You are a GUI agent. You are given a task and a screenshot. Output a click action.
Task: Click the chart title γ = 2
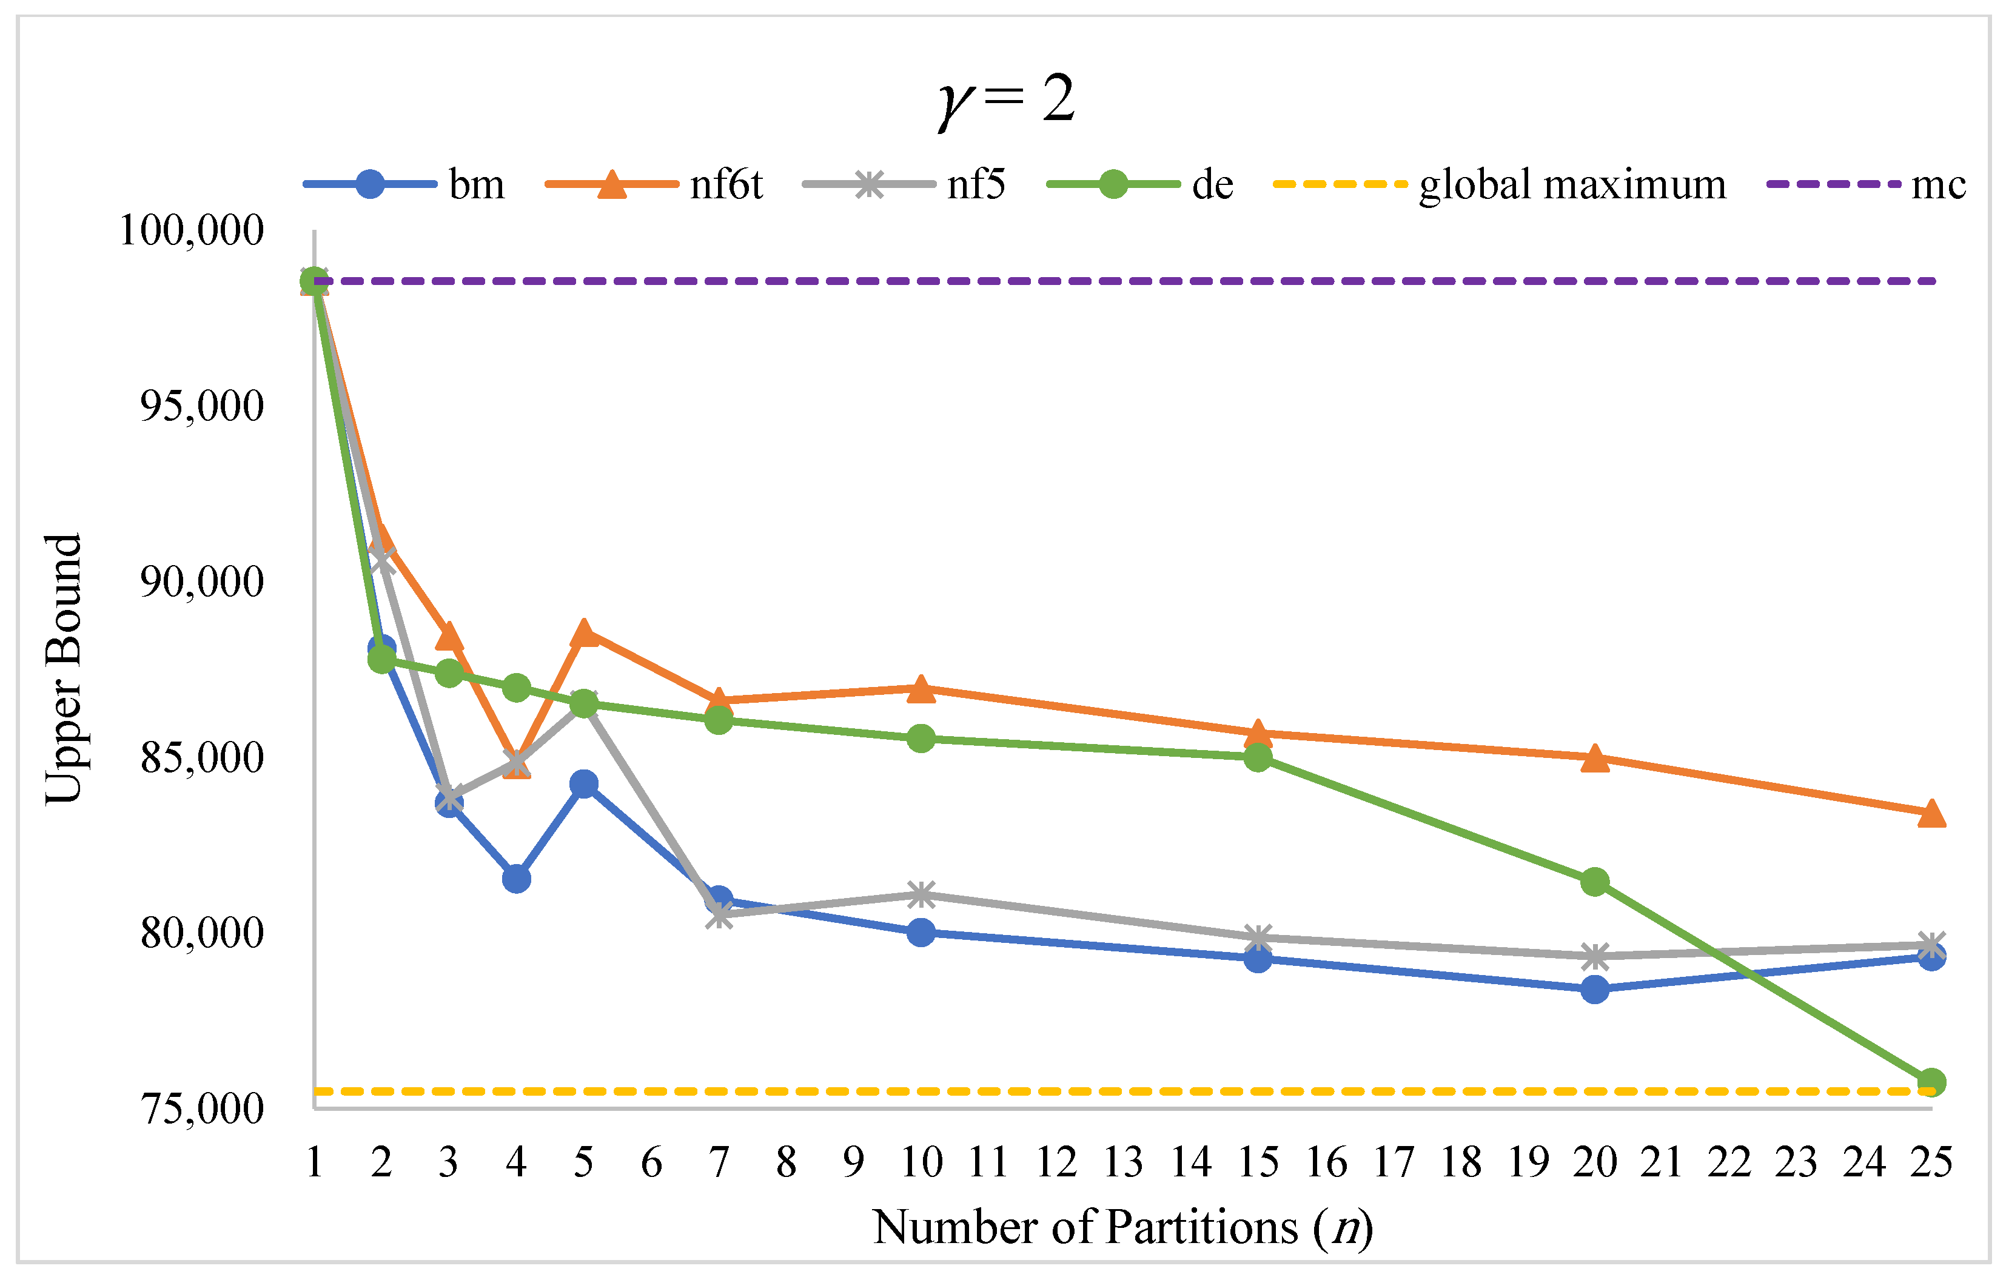click(x=1006, y=100)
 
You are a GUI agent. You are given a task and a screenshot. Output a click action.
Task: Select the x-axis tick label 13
click(x=1123, y=1162)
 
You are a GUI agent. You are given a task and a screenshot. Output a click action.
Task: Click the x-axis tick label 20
click(x=1594, y=1162)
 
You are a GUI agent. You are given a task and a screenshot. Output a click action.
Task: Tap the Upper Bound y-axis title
click(x=63, y=669)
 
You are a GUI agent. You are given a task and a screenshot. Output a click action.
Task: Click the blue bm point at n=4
click(x=517, y=879)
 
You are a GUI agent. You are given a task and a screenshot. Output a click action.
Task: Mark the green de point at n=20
click(x=1594, y=882)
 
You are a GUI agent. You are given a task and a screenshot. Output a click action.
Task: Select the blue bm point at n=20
click(x=1594, y=990)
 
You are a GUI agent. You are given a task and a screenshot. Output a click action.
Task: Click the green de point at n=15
click(x=1258, y=758)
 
